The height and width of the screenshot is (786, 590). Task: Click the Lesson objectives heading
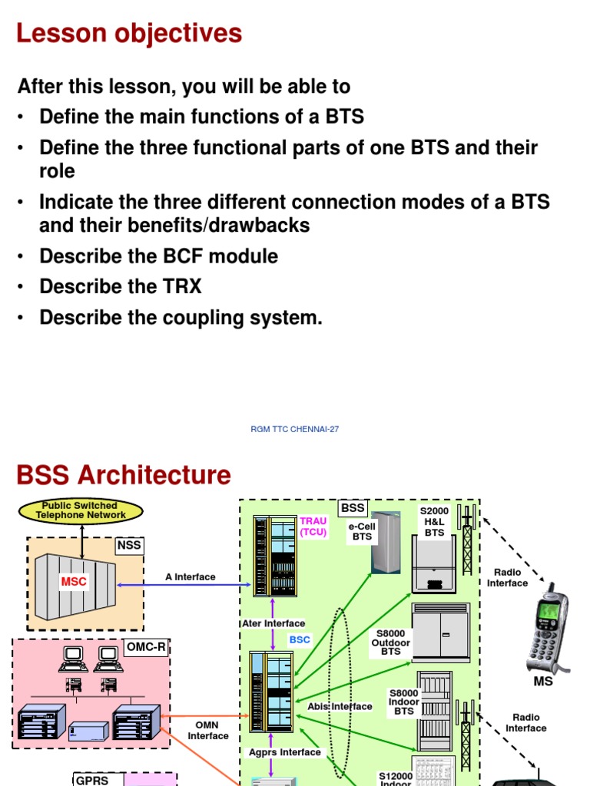129,34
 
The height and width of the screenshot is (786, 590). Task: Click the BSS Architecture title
124,475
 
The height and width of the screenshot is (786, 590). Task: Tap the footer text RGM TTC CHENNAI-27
295,429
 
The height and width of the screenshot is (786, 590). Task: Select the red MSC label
75,582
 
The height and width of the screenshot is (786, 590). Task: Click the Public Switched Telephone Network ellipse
80,510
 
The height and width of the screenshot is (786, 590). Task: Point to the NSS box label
129,545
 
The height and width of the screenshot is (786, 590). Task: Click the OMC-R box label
146,647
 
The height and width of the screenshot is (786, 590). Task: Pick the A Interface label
191,576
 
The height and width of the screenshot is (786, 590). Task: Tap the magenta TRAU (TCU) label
313,526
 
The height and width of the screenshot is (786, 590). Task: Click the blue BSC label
300,639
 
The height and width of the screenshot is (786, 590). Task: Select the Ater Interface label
273,623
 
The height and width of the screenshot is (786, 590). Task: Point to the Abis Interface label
340,706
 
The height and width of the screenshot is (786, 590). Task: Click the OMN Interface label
208,731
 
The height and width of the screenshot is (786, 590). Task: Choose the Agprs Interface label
284,752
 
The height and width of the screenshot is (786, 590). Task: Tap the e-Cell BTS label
362,532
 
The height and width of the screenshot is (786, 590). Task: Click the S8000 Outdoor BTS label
391,642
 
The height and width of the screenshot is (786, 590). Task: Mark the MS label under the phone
543,681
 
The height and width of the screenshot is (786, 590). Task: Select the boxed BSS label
353,508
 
